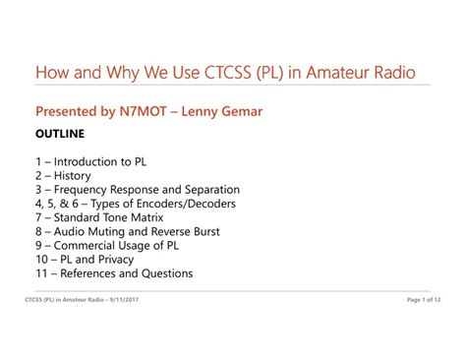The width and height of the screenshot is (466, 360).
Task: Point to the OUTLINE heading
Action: [60, 134]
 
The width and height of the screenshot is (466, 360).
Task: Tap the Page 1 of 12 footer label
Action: [424, 300]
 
